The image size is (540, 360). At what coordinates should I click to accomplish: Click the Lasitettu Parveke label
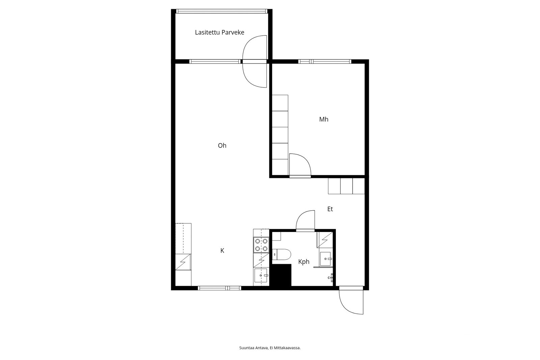coord(219,32)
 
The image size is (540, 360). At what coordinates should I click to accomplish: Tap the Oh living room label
coord(222,146)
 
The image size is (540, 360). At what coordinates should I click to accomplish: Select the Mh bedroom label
coord(324,119)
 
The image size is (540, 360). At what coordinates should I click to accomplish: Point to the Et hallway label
coord(330,209)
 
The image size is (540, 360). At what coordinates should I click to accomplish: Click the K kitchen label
coord(222,251)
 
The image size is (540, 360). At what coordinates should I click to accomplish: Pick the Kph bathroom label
coord(303,261)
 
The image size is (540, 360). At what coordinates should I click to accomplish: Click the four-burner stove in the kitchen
coord(261,245)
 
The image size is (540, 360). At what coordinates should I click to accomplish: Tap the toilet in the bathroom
coord(281,255)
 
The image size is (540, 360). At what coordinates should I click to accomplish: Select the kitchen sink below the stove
coord(261,275)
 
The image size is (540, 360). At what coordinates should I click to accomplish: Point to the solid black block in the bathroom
coord(281,275)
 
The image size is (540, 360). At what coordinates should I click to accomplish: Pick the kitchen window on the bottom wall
coord(219,288)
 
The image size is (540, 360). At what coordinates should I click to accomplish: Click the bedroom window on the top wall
coord(325,61)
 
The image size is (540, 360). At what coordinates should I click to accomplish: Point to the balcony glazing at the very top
coord(221,11)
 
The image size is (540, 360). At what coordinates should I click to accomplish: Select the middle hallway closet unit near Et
coord(346,186)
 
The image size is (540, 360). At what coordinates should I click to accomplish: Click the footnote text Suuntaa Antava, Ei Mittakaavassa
coord(270,348)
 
